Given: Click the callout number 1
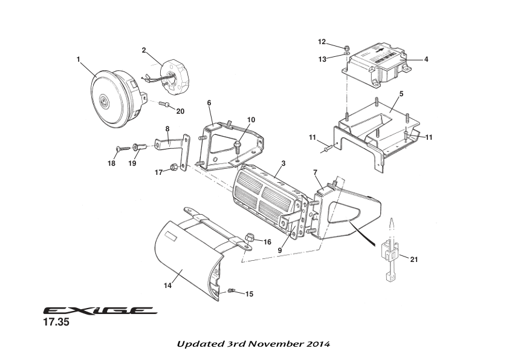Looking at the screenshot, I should (x=79, y=59).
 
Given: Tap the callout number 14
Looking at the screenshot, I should (x=168, y=285).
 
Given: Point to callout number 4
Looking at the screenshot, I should (x=426, y=59).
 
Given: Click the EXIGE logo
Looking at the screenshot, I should (x=99, y=311).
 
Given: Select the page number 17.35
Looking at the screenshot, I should (x=56, y=323).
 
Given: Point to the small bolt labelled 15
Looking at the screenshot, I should (x=231, y=292).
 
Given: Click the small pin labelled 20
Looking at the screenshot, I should (x=163, y=104).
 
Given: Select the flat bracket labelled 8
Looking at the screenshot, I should (x=171, y=143).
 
